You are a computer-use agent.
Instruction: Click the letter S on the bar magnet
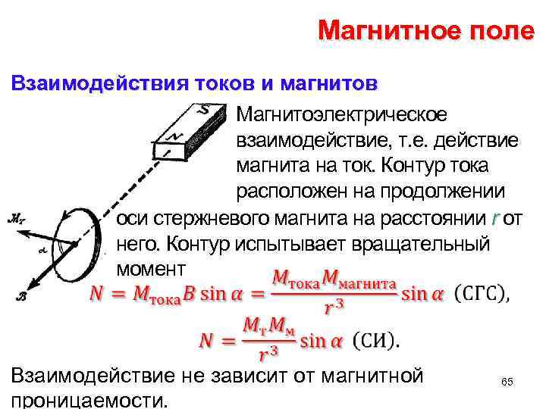click(x=203, y=111)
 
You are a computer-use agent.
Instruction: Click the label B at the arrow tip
click(x=22, y=297)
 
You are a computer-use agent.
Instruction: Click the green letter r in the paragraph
click(x=494, y=220)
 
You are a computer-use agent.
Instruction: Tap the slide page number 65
click(x=507, y=383)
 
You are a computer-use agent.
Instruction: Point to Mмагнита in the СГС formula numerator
click(x=359, y=281)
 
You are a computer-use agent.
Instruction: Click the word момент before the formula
click(x=152, y=270)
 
